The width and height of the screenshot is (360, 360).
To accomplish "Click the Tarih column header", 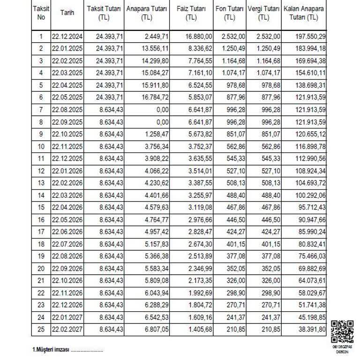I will pos(67,13).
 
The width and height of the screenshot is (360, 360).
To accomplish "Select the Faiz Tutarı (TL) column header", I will pos(191,13).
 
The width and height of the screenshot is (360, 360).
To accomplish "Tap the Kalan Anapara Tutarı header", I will pos(304,13).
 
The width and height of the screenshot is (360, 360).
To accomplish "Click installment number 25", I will pos(41,329).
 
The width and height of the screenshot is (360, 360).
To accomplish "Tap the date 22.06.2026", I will pos(67,232).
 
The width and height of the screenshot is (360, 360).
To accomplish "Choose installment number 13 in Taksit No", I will pos(41,183).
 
